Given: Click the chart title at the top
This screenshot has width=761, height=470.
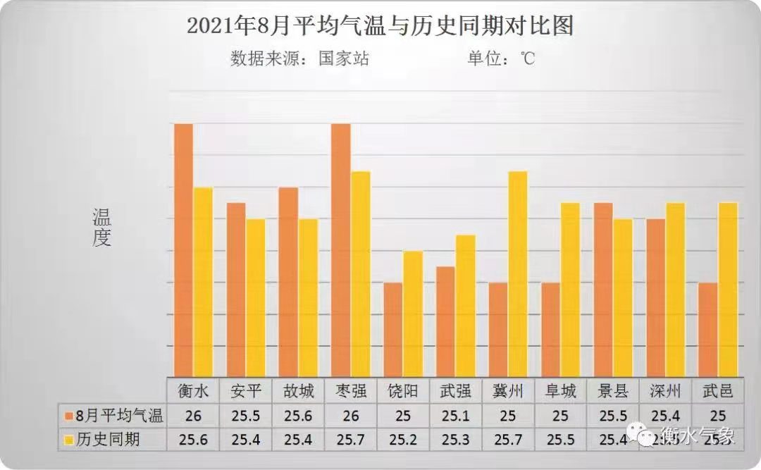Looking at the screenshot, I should (380, 26).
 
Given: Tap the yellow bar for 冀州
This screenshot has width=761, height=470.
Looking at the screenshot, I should (518, 274).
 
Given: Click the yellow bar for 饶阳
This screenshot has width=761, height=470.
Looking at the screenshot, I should (413, 314).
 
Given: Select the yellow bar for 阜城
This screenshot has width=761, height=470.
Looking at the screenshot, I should (570, 290).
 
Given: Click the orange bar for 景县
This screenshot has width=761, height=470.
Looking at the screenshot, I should (603, 290).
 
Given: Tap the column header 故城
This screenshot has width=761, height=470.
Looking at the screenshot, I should (298, 390).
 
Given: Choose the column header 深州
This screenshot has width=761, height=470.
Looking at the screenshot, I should (665, 390).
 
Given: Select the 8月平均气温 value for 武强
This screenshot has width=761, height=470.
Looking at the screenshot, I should (455, 416).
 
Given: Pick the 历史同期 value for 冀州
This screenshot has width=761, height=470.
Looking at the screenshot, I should (508, 440).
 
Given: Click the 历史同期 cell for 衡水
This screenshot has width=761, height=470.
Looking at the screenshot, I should (193, 440).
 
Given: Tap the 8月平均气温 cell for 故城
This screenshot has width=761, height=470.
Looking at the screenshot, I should (298, 416).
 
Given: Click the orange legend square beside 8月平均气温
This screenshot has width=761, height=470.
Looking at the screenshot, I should (68, 416).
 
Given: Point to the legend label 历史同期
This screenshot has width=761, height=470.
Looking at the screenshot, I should (107, 440).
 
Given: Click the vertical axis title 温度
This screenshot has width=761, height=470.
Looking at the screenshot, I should (101, 228).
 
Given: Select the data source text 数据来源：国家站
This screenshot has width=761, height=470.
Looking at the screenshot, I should (299, 58).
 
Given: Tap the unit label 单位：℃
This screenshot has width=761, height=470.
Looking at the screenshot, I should (501, 58).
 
